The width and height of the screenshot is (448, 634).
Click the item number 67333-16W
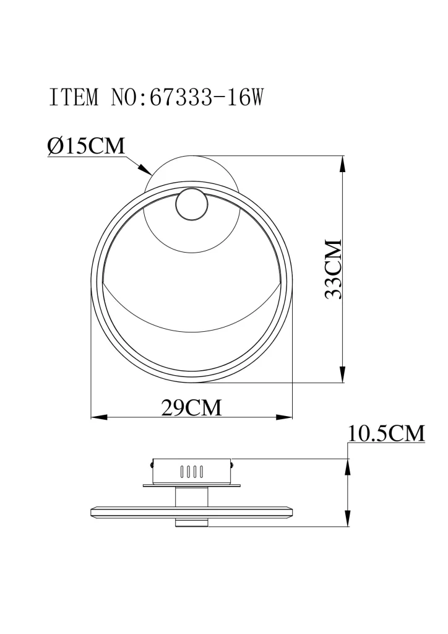pyautogui.click(x=207, y=97)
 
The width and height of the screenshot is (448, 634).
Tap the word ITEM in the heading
pyautogui.click(x=74, y=97)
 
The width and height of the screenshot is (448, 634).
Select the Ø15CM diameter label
pyautogui.click(x=86, y=146)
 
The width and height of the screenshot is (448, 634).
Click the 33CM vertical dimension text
pyautogui.click(x=334, y=269)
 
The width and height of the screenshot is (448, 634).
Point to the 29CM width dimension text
pyautogui.click(x=191, y=407)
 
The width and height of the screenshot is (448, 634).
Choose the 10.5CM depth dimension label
pyautogui.click(x=386, y=433)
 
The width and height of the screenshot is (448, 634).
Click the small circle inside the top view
pyautogui.click(x=192, y=204)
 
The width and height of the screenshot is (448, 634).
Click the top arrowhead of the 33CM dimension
pyautogui.click(x=343, y=164)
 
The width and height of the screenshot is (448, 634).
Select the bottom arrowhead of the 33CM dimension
pyautogui.click(x=343, y=373)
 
